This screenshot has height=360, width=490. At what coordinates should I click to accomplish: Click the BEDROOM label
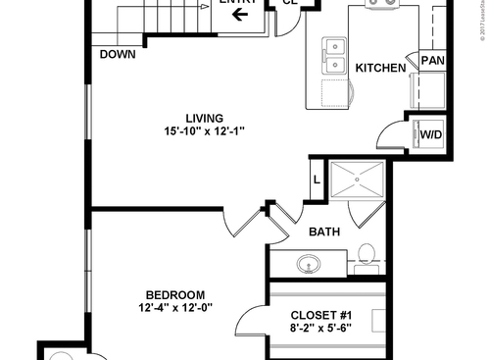174,295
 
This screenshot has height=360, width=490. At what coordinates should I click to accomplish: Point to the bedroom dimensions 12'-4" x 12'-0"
175,308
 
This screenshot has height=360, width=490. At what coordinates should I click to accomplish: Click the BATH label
324,232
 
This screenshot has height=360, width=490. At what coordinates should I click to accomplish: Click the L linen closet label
317,180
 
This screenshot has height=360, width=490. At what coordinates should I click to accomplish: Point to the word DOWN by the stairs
118,54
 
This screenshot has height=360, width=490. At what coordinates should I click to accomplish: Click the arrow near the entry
240,14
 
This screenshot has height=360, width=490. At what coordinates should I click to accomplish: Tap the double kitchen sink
335,57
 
